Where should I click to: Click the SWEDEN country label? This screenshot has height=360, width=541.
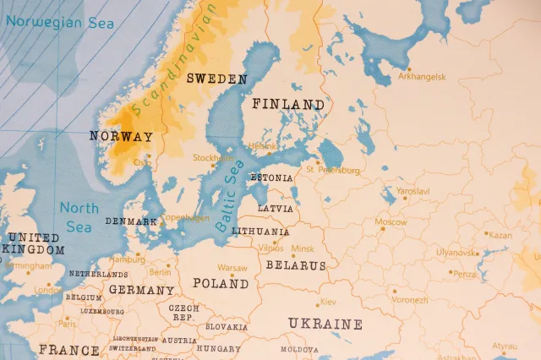pyautogui.click(x=216, y=79)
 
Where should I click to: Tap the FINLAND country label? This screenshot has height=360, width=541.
pyautogui.click(x=287, y=105)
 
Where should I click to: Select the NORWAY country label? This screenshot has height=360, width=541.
pyautogui.click(x=121, y=136)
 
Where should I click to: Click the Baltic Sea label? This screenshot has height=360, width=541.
pyautogui.click(x=231, y=195)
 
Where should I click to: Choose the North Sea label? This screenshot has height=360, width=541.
pyautogui.click(x=79, y=215)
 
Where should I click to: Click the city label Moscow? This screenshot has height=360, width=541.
pyautogui.click(x=391, y=222)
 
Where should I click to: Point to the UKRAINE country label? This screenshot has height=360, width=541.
pyautogui.click(x=325, y=324)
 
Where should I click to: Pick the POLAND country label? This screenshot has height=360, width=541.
pyautogui.click(x=220, y=283)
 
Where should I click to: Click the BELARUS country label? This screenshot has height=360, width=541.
pyautogui.click(x=295, y=265)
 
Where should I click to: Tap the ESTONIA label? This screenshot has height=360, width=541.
pyautogui.click(x=271, y=178)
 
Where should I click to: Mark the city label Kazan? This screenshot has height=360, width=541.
pyautogui.click(x=500, y=235)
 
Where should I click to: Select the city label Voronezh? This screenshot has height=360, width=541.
pyautogui.click(x=409, y=300)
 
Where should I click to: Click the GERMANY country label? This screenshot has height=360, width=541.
pyautogui.click(x=141, y=290)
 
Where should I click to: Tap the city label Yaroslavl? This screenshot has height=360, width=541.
pyautogui.click(x=413, y=192)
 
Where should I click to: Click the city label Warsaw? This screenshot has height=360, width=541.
pyautogui.click(x=232, y=268)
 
